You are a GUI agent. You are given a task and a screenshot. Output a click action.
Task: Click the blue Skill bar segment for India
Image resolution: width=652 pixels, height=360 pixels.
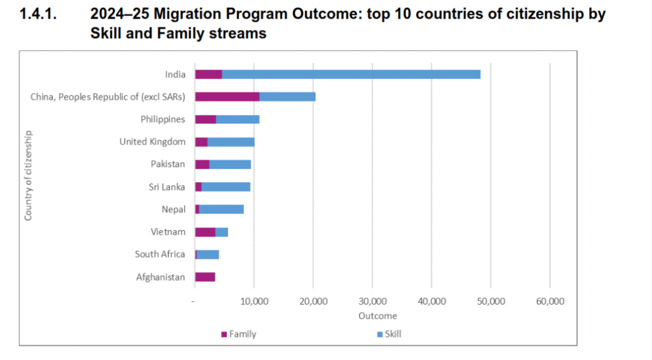pyautogui.click(x=351, y=74)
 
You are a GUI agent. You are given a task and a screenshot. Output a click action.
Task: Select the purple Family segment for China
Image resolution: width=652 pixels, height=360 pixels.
pyautogui.click(x=227, y=97)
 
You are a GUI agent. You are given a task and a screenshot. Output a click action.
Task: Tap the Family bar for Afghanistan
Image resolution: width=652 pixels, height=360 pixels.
pyautogui.click(x=205, y=277)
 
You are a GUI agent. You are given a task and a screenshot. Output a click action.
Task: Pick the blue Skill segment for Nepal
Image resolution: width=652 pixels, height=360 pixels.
pyautogui.click(x=221, y=209)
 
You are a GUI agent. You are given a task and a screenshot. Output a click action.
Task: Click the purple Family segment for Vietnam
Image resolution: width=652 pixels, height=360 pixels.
pyautogui.click(x=205, y=232)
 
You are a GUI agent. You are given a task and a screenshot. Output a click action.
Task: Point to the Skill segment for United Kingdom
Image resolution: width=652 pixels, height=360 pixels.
pyautogui.click(x=230, y=141)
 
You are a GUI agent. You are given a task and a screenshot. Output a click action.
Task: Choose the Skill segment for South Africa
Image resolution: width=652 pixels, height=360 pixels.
pyautogui.click(x=208, y=254)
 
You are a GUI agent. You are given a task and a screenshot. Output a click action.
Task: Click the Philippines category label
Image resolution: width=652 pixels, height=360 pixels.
pyautogui.click(x=163, y=119)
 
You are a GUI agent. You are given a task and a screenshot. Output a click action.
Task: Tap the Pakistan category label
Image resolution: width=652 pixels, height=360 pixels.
pyautogui.click(x=167, y=164)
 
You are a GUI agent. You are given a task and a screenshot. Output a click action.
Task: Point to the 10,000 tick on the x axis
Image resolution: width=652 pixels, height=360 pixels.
pyautogui.click(x=254, y=302)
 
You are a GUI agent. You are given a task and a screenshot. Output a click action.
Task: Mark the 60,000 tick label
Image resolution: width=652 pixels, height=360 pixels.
pyautogui.click(x=549, y=302)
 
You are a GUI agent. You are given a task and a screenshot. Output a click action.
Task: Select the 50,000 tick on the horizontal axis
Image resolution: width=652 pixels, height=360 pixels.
pyautogui.click(x=490, y=302)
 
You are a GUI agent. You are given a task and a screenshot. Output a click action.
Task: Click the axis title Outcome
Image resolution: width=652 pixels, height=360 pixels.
pyautogui.click(x=378, y=316)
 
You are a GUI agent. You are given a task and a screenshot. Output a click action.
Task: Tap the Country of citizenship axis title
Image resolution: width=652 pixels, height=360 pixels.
pyautogui.click(x=28, y=175)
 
